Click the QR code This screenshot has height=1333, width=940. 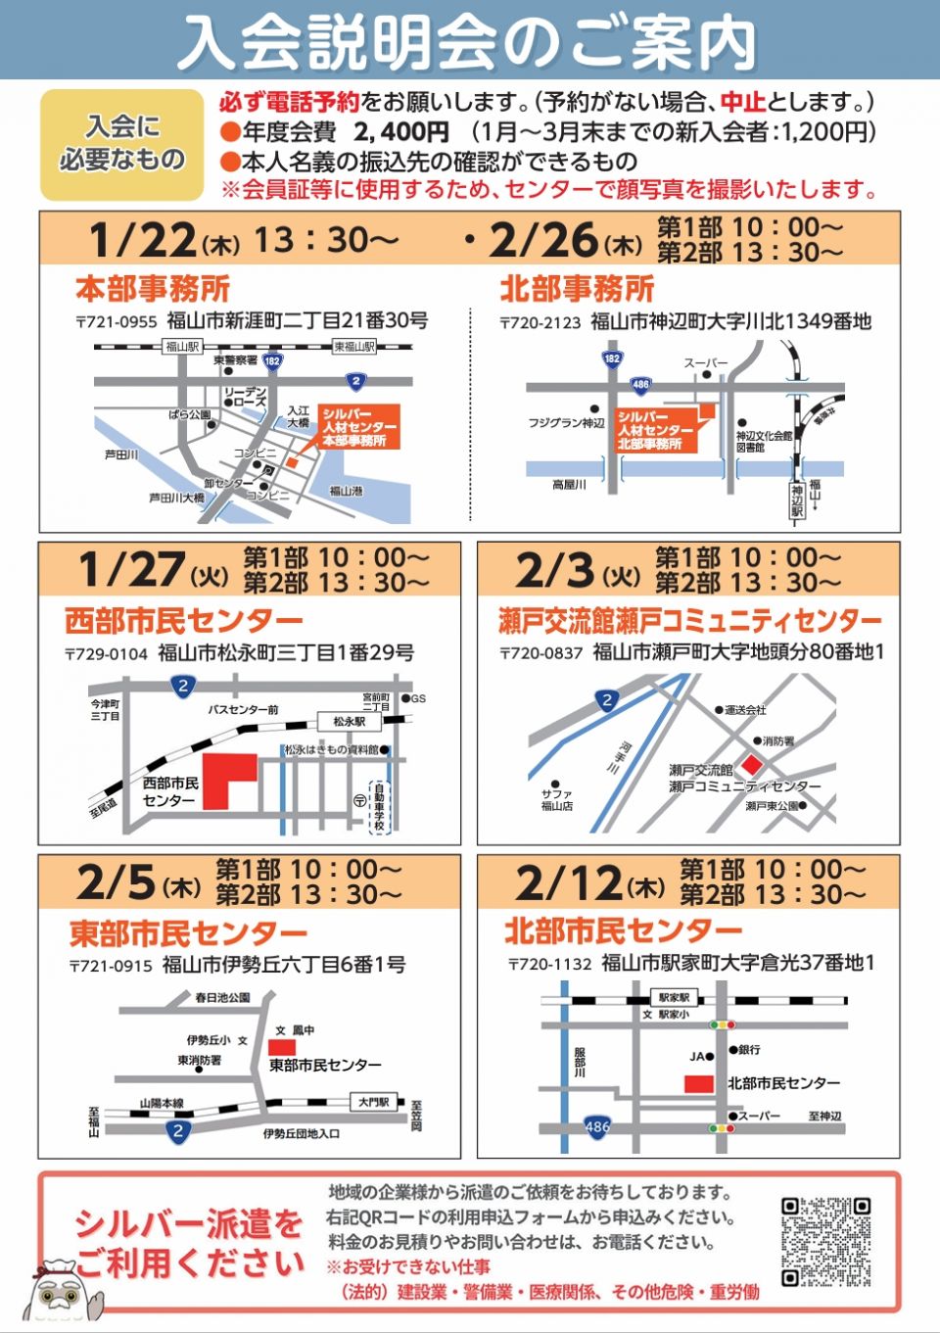[825, 1242]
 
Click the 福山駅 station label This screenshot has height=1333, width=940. [181, 347]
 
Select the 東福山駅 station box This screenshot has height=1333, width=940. [354, 347]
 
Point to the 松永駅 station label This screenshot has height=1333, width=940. [349, 721]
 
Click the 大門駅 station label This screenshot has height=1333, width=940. [374, 1102]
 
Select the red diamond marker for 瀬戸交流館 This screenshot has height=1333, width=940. [751, 764]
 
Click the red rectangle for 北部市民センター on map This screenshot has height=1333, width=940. [698, 1084]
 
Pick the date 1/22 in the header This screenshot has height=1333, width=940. [142, 240]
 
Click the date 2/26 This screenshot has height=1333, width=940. [542, 240]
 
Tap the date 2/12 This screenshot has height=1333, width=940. [569, 883]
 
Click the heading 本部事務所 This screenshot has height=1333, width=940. [153, 289]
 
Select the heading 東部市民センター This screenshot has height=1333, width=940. [188, 933]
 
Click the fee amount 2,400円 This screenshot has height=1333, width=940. [400, 132]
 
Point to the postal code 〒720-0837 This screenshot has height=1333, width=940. [540, 653]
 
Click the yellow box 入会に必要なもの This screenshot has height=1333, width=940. [122, 145]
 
